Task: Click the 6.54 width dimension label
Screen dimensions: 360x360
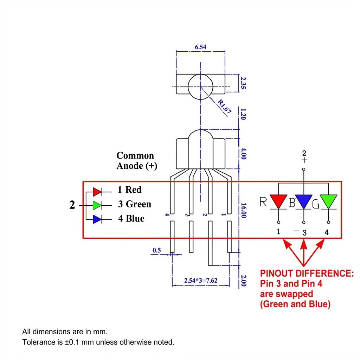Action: [200, 47]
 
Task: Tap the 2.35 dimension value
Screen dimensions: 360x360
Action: [243, 83]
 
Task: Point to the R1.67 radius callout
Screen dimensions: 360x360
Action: [224, 106]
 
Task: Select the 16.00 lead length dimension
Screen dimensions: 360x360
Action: [244, 210]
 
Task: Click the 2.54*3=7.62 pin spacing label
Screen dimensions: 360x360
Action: [201, 280]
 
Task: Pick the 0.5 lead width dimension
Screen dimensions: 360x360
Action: [157, 250]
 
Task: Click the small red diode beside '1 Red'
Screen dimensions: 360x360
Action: [97, 192]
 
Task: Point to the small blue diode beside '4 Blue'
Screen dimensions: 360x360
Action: [97, 219]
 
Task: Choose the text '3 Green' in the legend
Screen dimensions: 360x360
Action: [135, 204]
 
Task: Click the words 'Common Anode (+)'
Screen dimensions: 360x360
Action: [137, 160]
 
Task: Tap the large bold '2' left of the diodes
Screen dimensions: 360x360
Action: [72, 205]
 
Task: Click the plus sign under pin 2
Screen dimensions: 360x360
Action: [304, 160]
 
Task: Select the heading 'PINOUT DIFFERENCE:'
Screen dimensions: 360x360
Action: [307, 273]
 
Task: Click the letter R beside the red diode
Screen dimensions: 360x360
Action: [263, 201]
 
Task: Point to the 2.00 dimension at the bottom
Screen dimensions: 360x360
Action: [244, 281]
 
